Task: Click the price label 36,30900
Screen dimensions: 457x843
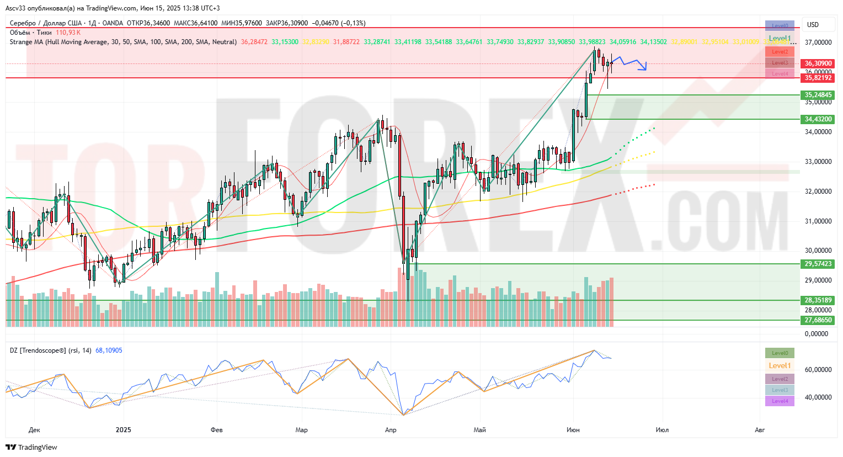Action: pos(818,63)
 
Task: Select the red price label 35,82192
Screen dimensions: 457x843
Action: pos(818,78)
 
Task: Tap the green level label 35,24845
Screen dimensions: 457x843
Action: pos(818,95)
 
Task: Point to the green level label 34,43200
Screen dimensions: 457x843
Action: pos(818,119)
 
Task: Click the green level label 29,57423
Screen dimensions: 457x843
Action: pos(818,264)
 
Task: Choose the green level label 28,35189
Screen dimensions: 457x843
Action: pos(818,300)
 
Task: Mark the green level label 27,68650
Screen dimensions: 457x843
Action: pos(818,320)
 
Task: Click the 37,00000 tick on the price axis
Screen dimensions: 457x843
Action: pos(818,42)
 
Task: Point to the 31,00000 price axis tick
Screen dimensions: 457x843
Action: pos(818,221)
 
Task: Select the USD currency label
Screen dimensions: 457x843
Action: pos(813,25)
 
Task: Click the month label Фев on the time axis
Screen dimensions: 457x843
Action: pos(217,430)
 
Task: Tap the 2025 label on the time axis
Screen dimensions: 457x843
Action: pos(124,430)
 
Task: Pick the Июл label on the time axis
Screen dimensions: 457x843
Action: pos(662,430)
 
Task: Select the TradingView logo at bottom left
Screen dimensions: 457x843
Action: pos(31,448)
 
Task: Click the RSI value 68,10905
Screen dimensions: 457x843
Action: pos(109,350)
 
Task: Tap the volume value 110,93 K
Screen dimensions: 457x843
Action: pos(68,33)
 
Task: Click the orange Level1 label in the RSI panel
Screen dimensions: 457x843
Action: pos(780,365)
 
